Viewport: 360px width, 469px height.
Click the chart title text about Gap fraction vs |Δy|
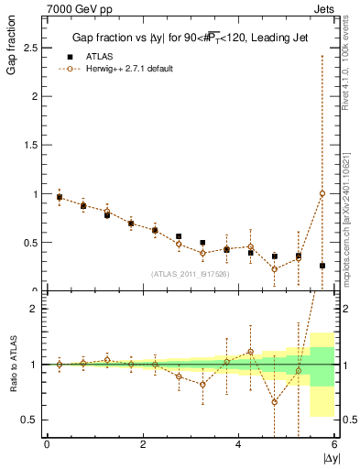[x=190, y=38]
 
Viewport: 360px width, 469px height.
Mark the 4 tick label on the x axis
[x=239, y=445]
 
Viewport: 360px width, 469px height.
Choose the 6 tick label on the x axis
[x=333, y=445]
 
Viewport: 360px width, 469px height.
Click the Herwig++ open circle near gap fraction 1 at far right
[x=322, y=193]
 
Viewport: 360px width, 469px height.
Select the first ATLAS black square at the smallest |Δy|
[x=60, y=197]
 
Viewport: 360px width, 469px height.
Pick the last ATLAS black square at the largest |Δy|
[x=322, y=266]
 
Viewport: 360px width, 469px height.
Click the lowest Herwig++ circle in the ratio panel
[x=274, y=401]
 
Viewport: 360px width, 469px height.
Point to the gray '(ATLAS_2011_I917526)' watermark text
[x=190, y=274]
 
